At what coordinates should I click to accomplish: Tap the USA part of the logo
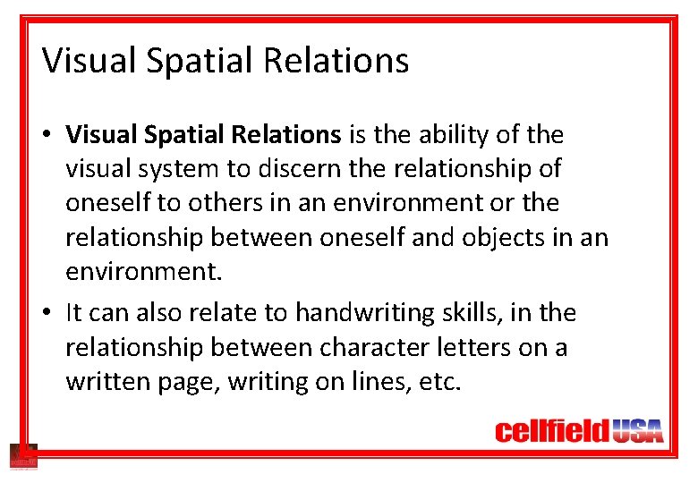click(637, 433)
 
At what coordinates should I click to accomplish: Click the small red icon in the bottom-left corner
click(22, 456)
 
